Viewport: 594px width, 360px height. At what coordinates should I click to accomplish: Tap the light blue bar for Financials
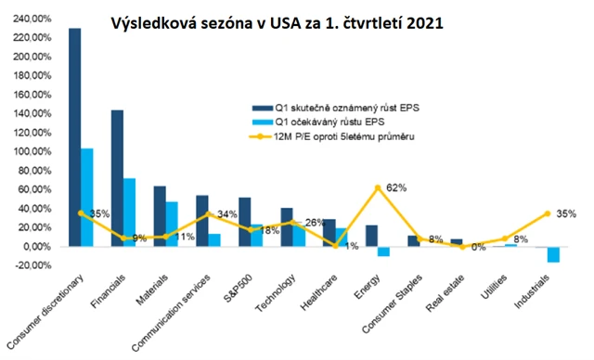tap(131, 212)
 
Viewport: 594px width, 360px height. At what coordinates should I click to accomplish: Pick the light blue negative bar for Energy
tap(383, 251)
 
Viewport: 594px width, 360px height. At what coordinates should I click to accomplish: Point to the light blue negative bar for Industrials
tap(553, 255)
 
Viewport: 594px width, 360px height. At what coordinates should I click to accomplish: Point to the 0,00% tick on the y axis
tap(35, 247)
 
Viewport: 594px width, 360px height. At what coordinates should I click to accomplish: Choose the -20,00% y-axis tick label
tap(31, 266)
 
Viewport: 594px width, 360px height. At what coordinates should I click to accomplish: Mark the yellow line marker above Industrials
tap(548, 213)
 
